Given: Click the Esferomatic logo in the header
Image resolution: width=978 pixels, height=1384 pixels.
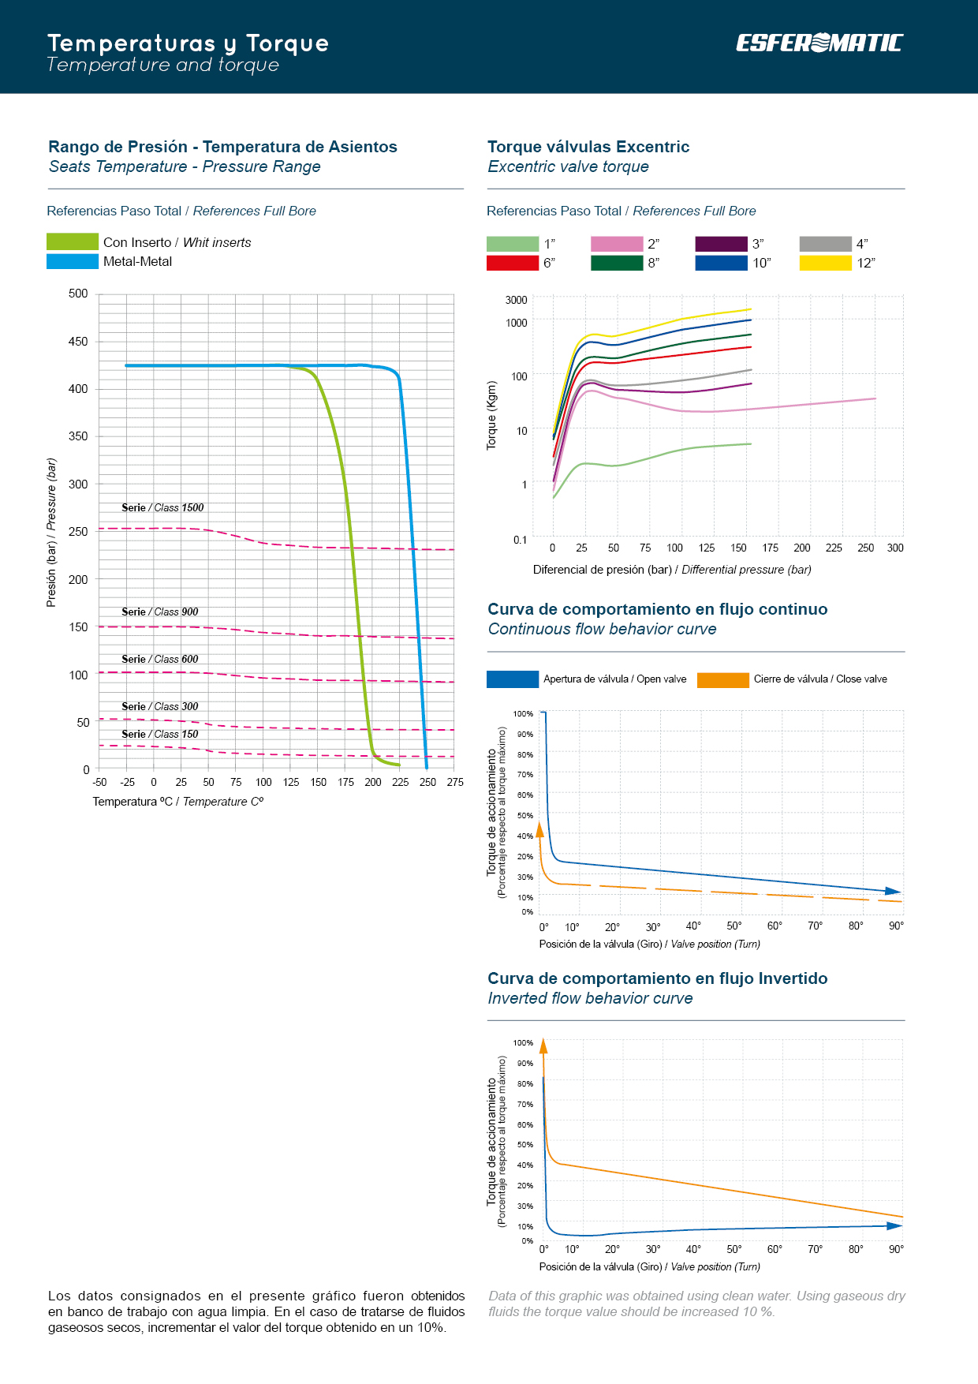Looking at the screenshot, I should (819, 43).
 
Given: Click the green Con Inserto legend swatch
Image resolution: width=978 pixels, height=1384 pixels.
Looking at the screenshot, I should (73, 241).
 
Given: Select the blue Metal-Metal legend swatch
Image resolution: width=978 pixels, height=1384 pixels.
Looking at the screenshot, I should (73, 261).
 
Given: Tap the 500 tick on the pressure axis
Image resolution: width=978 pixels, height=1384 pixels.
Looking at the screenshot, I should (78, 294).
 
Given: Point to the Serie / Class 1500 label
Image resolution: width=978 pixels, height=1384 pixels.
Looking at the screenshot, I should (162, 507).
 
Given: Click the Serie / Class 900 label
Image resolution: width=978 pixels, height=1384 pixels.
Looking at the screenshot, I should (160, 612).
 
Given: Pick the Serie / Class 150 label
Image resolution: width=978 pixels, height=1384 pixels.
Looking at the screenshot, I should (160, 734).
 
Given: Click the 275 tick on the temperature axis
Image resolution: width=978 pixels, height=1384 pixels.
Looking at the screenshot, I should (455, 782).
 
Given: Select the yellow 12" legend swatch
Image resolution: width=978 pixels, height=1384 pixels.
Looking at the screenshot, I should (825, 263).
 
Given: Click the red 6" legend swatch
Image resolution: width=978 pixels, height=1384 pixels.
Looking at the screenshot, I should (513, 263).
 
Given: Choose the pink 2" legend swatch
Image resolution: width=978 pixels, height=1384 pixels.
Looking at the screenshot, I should (617, 244).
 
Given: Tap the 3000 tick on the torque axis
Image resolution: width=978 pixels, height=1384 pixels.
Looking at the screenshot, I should (516, 300).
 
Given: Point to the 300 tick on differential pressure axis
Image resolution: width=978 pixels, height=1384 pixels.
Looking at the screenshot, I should (895, 548).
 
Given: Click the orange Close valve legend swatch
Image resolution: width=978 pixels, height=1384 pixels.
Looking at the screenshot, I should (722, 679).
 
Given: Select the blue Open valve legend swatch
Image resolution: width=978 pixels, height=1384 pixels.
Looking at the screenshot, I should (513, 679).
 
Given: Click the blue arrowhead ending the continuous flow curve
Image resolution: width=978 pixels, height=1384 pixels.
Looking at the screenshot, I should (894, 891).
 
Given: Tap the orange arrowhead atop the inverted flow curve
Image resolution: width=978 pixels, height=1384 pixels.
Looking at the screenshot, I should (543, 1046).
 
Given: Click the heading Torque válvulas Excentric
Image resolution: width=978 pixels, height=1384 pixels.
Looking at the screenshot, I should (588, 147).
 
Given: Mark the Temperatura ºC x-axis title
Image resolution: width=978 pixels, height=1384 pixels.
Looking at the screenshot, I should (178, 802).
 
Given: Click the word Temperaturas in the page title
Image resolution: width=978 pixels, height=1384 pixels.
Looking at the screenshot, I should (132, 43).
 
